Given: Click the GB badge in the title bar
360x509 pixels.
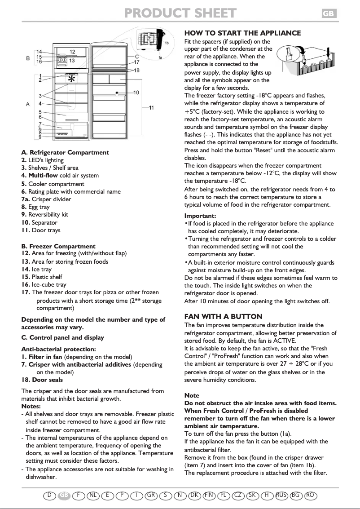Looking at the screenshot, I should (x=329, y=14).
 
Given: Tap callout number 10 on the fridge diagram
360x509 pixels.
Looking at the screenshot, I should (x=136, y=92).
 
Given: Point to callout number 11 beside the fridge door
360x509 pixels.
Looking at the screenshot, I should (x=152, y=107).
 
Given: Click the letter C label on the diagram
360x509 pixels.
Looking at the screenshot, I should (x=136, y=57).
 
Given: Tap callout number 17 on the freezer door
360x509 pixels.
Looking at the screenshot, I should (x=136, y=62).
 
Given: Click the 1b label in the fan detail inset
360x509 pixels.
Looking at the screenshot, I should (x=167, y=42).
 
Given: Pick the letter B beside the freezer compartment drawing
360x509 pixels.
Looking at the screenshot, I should (x=28, y=58).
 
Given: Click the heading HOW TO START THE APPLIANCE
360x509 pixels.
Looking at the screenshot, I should (x=242, y=33).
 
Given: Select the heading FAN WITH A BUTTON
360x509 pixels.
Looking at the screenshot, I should (x=224, y=317).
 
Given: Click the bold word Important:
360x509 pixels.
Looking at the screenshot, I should (x=200, y=216).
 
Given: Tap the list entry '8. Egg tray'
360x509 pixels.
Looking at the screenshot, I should (x=35, y=207).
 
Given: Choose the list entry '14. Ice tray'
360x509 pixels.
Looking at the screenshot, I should (x=36, y=269).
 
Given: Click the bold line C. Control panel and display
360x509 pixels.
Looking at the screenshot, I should (x=62, y=337).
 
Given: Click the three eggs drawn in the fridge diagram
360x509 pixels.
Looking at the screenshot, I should (x=62, y=134).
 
